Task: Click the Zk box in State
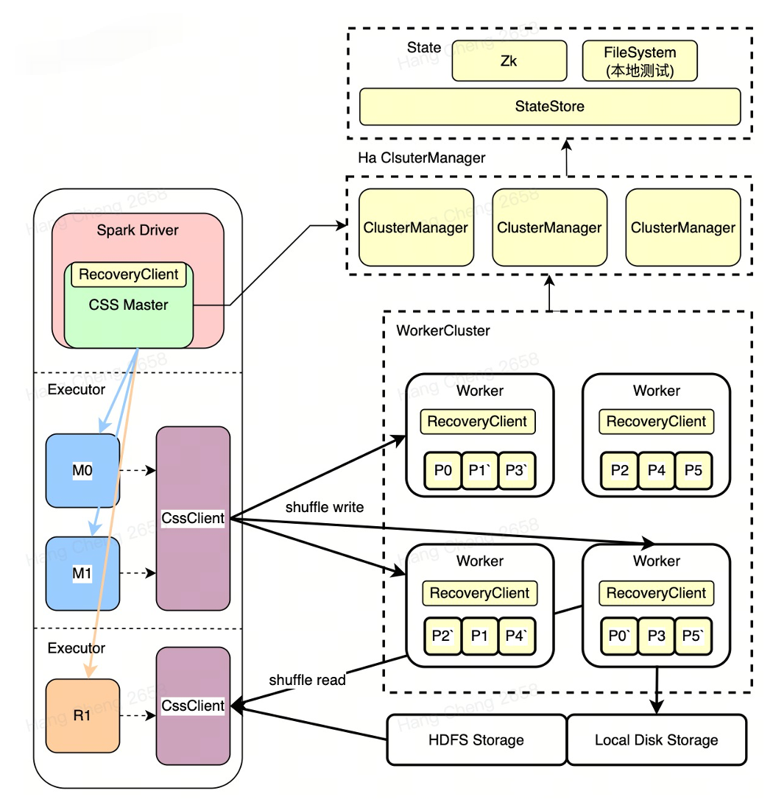(509, 60)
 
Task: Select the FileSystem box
(640, 61)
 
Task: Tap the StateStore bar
(549, 107)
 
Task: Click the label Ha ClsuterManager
(422, 158)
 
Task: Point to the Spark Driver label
(138, 230)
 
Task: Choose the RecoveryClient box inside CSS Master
(129, 274)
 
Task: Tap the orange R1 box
(82, 714)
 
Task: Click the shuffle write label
(325, 507)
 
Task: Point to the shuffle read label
(307, 680)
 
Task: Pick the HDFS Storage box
(476, 739)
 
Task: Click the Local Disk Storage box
(656, 739)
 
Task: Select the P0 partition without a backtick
(442, 471)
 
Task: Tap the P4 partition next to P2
(657, 471)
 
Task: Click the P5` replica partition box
(693, 635)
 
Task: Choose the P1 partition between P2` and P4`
(480, 635)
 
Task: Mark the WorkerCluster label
(443, 330)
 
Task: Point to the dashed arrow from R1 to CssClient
(137, 714)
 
